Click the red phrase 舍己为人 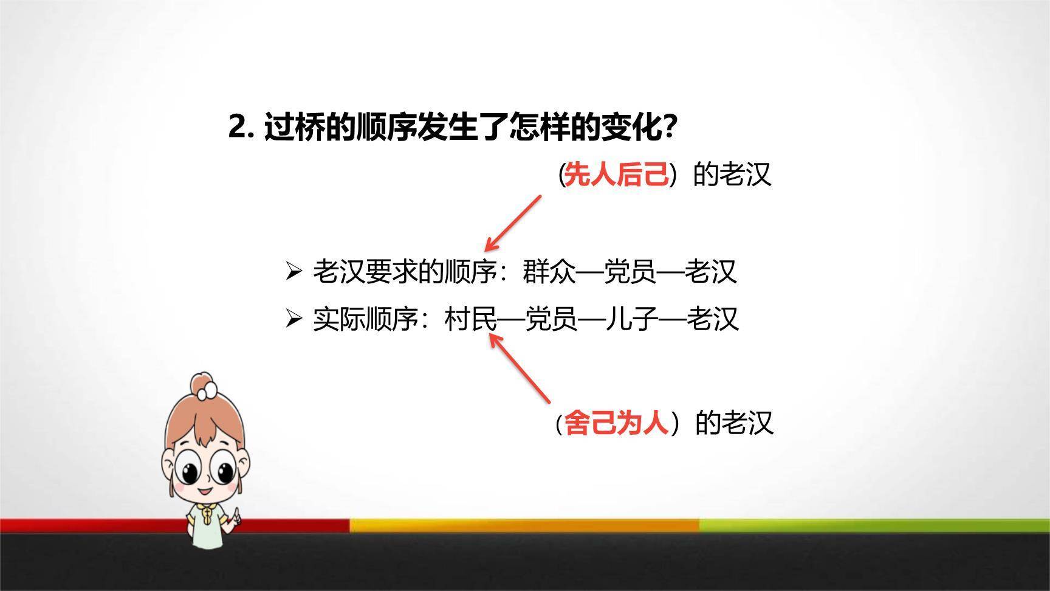tap(616, 423)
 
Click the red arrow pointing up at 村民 tap(520, 367)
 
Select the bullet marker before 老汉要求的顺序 tap(293, 271)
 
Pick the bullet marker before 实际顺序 tap(293, 319)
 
